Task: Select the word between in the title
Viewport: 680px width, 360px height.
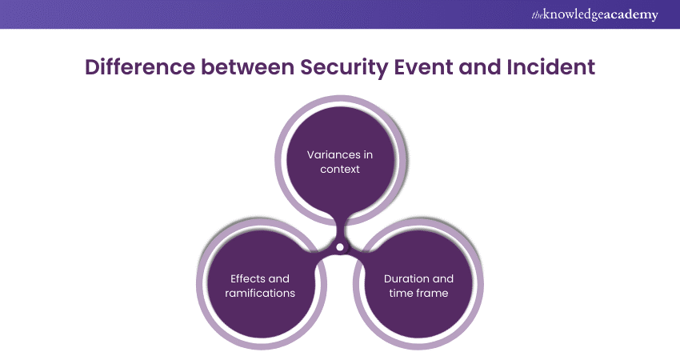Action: click(246, 67)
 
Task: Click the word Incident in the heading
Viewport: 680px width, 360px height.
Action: click(554, 67)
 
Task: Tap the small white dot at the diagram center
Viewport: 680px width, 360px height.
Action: click(340, 247)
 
